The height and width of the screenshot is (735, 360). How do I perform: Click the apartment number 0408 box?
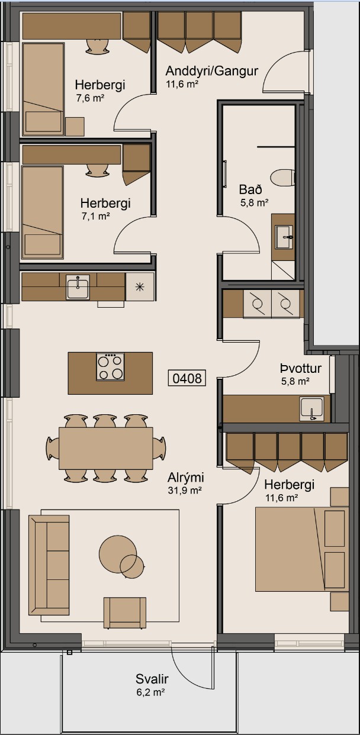click(x=188, y=378)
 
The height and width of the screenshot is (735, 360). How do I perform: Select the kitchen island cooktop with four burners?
click(x=110, y=366)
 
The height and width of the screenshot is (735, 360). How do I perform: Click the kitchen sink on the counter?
click(x=78, y=287)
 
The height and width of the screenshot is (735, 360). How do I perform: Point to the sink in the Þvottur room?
click(x=311, y=408)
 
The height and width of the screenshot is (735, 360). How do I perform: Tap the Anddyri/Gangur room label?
click(x=212, y=72)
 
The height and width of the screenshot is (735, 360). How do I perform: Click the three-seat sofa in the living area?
click(x=49, y=565)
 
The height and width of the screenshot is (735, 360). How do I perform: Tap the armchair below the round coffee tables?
click(x=124, y=612)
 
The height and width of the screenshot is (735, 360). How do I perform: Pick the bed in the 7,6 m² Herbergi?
click(x=43, y=89)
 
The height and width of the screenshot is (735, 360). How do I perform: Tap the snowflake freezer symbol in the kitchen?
click(x=140, y=288)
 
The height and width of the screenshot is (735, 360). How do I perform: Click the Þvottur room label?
click(x=301, y=369)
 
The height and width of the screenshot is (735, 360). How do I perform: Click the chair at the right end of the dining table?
click(x=159, y=447)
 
